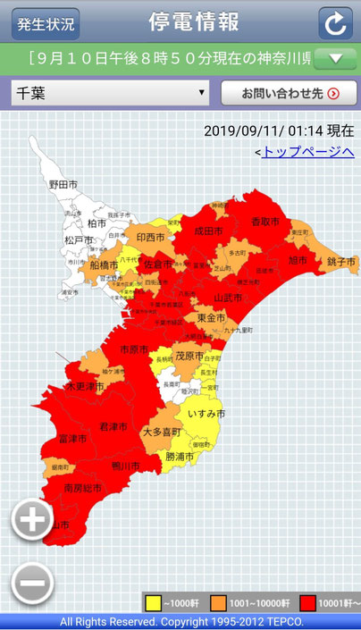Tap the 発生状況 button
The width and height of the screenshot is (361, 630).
click(45, 23)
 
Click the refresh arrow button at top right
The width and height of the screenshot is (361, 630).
click(335, 23)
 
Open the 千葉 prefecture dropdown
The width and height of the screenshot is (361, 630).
click(110, 92)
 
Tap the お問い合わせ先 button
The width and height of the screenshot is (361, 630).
click(288, 92)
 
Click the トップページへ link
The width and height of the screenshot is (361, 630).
click(307, 152)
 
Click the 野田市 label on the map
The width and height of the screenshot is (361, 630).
click(63, 184)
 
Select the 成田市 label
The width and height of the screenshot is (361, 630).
click(207, 231)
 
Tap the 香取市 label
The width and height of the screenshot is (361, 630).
click(264, 222)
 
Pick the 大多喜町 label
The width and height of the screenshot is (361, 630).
click(162, 432)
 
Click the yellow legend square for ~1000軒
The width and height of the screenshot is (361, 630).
click(153, 602)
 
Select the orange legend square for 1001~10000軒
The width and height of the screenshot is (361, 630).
click(218, 602)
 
